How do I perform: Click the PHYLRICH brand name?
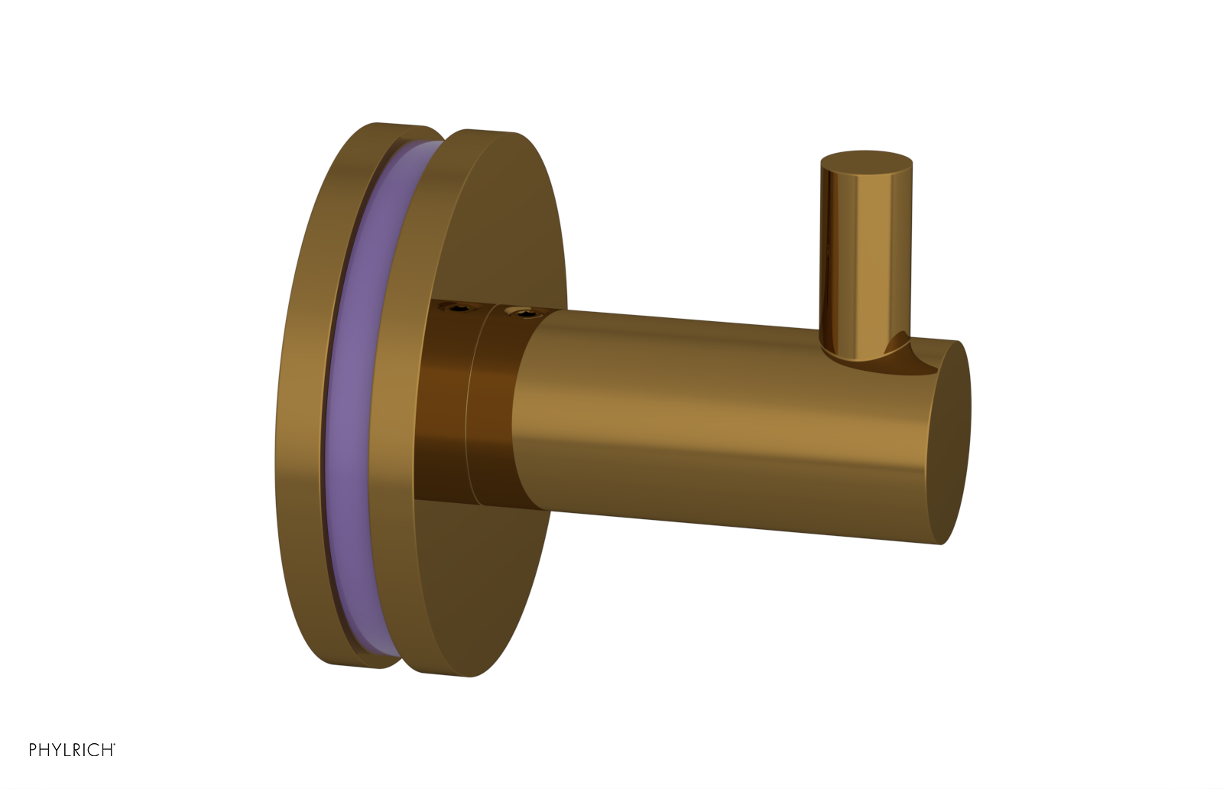point(71,750)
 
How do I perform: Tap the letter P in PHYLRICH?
point(33,750)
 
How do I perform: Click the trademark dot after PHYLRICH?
point(115,745)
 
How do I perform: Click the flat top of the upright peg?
point(865,162)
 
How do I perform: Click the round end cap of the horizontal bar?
point(950,443)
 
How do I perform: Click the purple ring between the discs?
point(348,382)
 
